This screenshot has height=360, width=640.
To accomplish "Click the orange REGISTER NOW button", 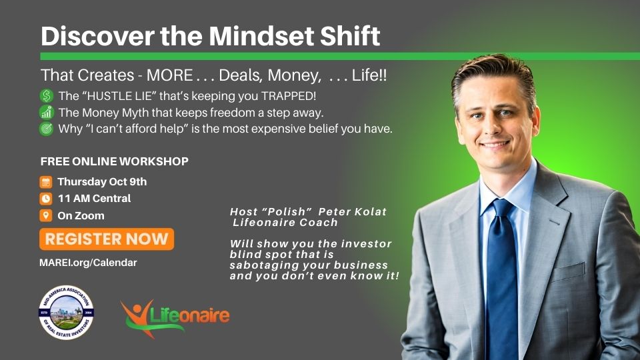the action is pyautogui.click(x=107, y=239).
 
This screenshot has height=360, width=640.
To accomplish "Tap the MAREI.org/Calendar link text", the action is pyautogui.click(x=88, y=263).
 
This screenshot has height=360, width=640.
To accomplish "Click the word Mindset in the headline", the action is pyautogui.click(x=261, y=36).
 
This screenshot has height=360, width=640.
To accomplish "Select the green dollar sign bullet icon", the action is pyautogui.click(x=47, y=96).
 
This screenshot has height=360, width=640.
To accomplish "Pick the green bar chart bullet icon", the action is pyautogui.click(x=47, y=112).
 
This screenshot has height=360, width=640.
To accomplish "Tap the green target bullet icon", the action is pyautogui.click(x=47, y=129).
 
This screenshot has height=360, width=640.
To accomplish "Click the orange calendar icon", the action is pyautogui.click(x=46, y=182).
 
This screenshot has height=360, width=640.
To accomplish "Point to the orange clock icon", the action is pyautogui.click(x=46, y=199).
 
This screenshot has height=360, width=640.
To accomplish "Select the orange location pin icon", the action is pyautogui.click(x=46, y=215).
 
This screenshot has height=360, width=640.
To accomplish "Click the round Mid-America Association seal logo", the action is pyautogui.click(x=66, y=313).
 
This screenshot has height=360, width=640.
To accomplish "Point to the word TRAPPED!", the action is pyautogui.click(x=289, y=96).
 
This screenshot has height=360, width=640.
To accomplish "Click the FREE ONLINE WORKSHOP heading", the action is pyautogui.click(x=114, y=161).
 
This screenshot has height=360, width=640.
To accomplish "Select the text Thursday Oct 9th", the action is pyautogui.click(x=102, y=182).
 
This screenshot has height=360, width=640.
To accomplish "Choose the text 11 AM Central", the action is pyautogui.click(x=94, y=199).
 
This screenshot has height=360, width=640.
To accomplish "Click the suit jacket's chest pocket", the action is pyautogui.click(x=567, y=271).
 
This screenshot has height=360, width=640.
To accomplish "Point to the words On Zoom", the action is pyautogui.click(x=81, y=215).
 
